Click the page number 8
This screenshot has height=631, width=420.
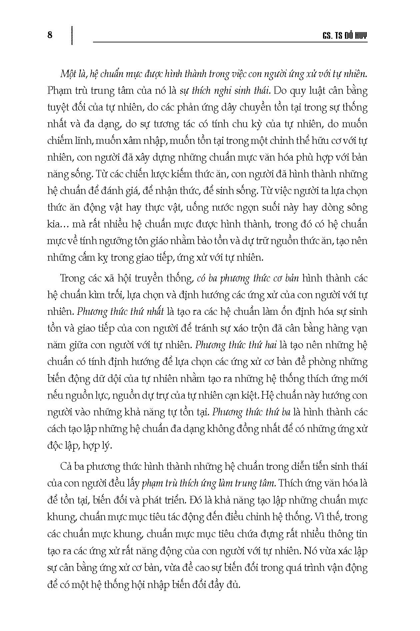click(50, 35)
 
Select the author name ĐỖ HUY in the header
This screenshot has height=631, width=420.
click(355, 36)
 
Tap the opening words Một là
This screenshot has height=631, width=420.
click(72, 74)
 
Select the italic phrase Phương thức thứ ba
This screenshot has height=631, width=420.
click(251, 412)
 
